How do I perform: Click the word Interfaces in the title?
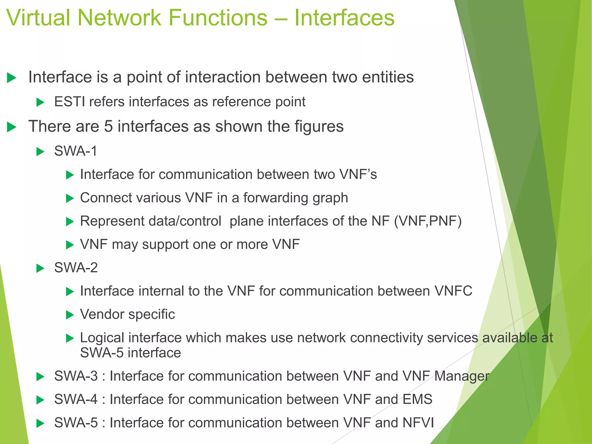click(344, 18)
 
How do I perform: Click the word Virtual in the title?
click(38, 18)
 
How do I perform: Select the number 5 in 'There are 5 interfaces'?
click(108, 127)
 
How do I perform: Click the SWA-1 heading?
click(76, 151)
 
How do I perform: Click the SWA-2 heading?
click(76, 268)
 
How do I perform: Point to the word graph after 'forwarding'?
click(330, 198)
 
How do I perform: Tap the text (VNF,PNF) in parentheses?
click(428, 221)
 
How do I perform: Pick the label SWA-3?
click(76, 376)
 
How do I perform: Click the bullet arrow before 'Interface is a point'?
click(11, 78)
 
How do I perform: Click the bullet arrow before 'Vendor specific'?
click(70, 315)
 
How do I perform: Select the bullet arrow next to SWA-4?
click(40, 400)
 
